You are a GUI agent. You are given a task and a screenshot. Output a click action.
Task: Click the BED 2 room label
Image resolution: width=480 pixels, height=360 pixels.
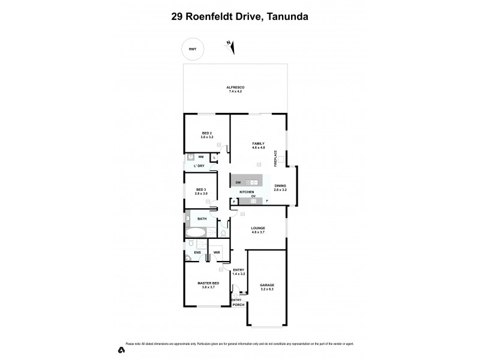click(x=206, y=133)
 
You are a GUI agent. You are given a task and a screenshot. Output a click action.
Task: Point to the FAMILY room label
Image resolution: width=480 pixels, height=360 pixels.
click(x=258, y=143)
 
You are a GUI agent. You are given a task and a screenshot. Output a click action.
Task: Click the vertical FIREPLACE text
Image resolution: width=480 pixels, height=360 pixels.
click(x=275, y=158)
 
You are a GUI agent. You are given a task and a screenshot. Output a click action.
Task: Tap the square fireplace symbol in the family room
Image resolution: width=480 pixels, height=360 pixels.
click(x=280, y=161)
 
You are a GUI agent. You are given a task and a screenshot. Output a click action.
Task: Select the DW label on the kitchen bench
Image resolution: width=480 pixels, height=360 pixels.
click(x=238, y=182)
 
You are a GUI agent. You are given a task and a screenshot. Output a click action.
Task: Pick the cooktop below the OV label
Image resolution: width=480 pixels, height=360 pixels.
click(x=253, y=202)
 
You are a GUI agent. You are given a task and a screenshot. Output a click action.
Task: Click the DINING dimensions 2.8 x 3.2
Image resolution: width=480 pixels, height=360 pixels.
click(x=280, y=190)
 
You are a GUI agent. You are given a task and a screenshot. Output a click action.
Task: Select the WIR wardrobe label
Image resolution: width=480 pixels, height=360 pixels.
click(x=217, y=253)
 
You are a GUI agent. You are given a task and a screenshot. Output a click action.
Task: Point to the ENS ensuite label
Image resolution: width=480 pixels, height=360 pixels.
click(x=197, y=253)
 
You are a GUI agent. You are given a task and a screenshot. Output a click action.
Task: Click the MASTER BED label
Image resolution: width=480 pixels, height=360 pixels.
click(x=208, y=283)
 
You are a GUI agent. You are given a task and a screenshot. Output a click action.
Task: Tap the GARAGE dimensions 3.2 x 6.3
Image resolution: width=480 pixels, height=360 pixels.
click(x=266, y=289)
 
